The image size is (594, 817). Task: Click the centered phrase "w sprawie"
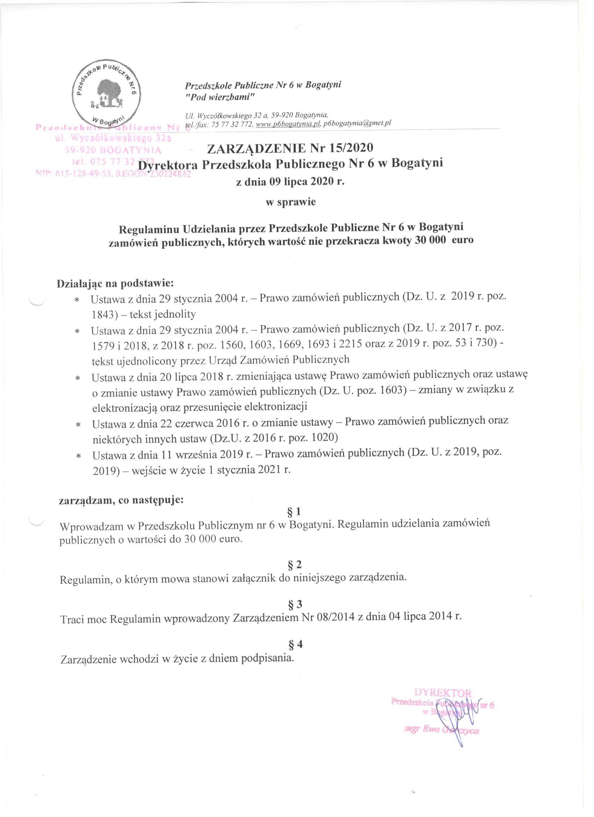[x=290, y=202]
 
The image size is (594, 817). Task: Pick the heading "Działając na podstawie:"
[x=116, y=283]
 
